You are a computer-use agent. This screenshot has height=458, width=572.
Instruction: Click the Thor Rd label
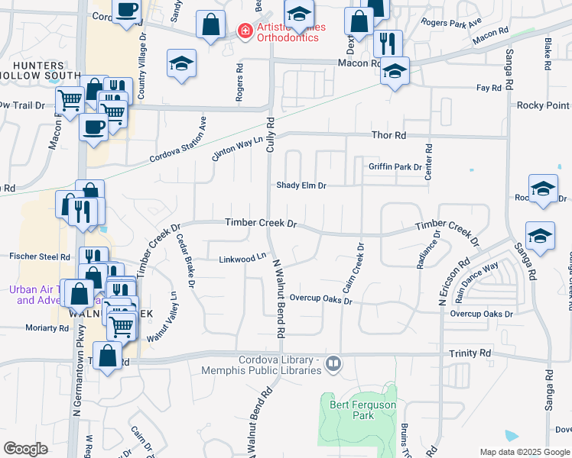tap(388, 135)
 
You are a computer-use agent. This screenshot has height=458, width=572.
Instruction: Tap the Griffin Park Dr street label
tap(395, 166)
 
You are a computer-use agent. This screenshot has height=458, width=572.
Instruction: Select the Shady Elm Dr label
tap(301, 185)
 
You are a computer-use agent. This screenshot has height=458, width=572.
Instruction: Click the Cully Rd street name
tap(270, 133)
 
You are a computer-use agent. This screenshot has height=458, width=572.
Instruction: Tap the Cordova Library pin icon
tap(333, 363)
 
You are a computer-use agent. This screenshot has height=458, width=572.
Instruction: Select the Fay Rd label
tap(488, 89)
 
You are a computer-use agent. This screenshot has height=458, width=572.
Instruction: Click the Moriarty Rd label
tap(47, 327)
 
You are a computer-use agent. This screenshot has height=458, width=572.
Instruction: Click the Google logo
tap(25, 448)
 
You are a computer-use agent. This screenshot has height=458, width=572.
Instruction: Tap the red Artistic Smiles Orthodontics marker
tap(245, 31)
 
